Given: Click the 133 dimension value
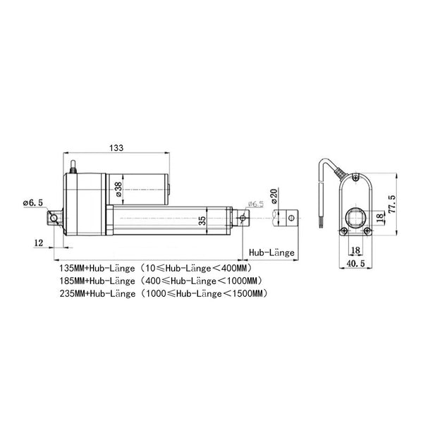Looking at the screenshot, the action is (116, 148).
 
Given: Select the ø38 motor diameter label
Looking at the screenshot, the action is (118, 189).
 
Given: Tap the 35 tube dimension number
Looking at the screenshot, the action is (202, 221).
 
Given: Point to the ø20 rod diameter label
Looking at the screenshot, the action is (274, 196).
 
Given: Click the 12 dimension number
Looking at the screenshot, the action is (38, 243).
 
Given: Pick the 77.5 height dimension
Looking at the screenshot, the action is (392, 204).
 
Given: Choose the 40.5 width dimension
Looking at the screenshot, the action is (355, 263).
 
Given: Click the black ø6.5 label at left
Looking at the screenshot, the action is (33, 203).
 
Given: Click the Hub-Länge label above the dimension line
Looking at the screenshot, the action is (271, 253).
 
